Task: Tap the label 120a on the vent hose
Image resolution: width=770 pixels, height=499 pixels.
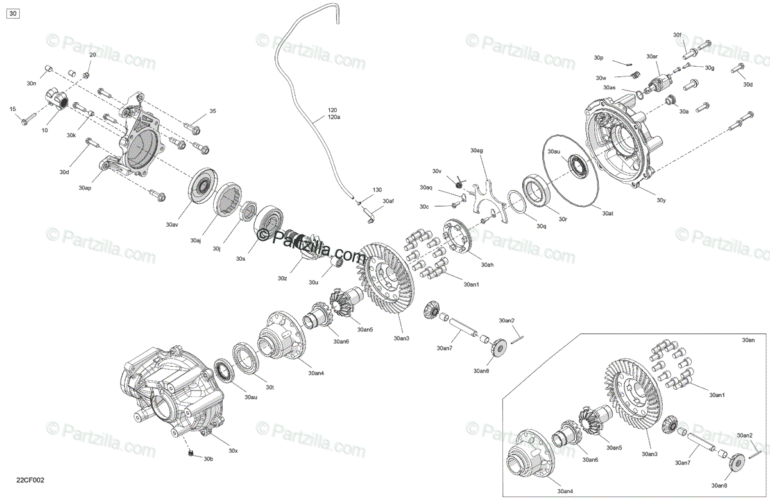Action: [x=334, y=118]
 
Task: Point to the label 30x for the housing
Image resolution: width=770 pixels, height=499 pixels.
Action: [x=233, y=451]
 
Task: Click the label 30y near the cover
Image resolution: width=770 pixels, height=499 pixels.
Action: [x=661, y=200]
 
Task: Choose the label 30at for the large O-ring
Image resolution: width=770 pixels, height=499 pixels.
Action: [x=608, y=213]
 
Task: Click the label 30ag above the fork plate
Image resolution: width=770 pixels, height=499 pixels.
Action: [x=476, y=150]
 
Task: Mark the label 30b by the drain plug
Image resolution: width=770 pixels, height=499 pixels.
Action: [x=209, y=459]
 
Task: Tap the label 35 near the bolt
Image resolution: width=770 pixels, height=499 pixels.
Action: [x=212, y=112]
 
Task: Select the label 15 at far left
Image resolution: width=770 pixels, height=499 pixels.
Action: [x=12, y=109]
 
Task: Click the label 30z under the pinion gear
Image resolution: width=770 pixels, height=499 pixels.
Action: [x=282, y=279]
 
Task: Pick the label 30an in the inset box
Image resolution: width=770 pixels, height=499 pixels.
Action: [x=748, y=340]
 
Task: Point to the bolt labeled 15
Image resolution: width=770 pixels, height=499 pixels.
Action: [x=27, y=119]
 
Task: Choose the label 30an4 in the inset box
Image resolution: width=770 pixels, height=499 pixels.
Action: [x=565, y=491]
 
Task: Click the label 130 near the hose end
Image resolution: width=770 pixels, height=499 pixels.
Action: [x=377, y=190]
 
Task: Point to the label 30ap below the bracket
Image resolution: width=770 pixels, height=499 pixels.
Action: [x=85, y=188]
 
